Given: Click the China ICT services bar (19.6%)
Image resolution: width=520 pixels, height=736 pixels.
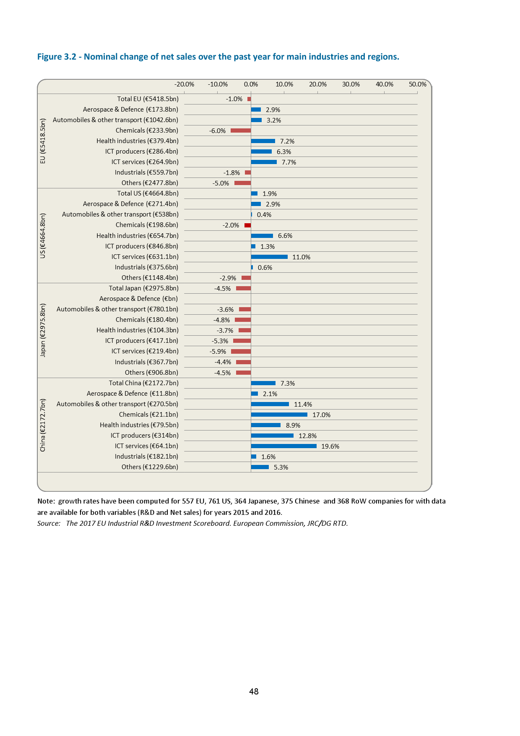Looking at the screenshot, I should pyautogui.click(x=283, y=446).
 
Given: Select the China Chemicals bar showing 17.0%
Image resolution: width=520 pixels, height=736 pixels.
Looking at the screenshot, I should pyautogui.click(x=279, y=415).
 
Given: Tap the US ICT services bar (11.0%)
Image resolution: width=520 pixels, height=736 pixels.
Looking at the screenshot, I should pyautogui.click(x=269, y=257).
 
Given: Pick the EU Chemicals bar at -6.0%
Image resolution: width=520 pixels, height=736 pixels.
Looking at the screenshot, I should pyautogui.click(x=241, y=130).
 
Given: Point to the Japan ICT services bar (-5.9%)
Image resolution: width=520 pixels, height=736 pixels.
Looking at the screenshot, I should pyautogui.click(x=241, y=351).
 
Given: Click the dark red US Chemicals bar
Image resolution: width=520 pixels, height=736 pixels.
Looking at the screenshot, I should pyautogui.click(x=248, y=225).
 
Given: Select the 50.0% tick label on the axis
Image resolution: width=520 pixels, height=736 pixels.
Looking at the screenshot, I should pyautogui.click(x=418, y=84).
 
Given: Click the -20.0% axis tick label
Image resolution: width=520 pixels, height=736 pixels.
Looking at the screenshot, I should pyautogui.click(x=184, y=84).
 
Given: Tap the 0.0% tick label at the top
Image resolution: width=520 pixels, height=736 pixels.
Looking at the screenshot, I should pyautogui.click(x=251, y=84).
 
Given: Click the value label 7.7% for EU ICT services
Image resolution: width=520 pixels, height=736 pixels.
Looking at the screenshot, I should pyautogui.click(x=289, y=162).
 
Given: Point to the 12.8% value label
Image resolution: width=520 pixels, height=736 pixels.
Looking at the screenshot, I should pyautogui.click(x=307, y=436).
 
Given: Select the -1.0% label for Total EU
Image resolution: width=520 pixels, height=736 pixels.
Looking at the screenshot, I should pyautogui.click(x=234, y=99).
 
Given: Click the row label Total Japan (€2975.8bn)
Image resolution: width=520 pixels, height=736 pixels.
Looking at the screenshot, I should pyautogui.click(x=143, y=288).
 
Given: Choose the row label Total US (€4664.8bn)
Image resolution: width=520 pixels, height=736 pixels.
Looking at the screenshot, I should pyautogui.click(x=148, y=193).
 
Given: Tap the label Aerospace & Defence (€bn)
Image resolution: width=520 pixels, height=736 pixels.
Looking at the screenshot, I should pyautogui.click(x=138, y=299).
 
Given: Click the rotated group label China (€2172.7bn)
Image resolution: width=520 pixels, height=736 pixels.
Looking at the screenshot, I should pyautogui.click(x=43, y=425).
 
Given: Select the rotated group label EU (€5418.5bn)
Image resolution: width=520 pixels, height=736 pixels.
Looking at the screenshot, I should pyautogui.click(x=43, y=141).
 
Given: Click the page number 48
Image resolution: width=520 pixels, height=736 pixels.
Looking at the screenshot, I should pyautogui.click(x=254, y=692).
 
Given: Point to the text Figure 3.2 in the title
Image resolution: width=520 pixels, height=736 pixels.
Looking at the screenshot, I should pyautogui.click(x=57, y=57).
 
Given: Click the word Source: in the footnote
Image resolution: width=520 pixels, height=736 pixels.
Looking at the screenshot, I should pyautogui.click(x=49, y=523).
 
